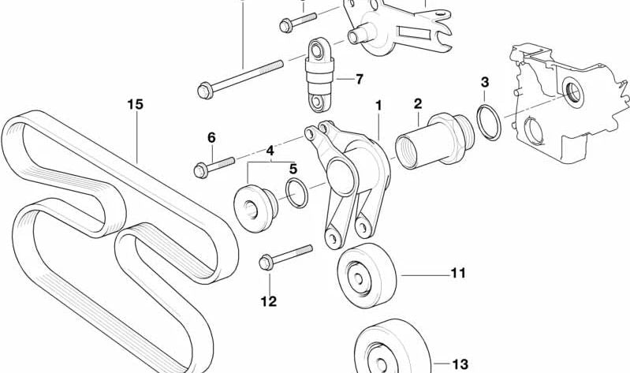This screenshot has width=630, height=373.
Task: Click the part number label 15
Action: tap(136, 103)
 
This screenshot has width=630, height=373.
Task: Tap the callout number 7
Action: tap(359, 79)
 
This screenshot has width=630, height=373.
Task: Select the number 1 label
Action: tap(378, 104)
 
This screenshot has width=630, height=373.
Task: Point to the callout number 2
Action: tap(417, 103)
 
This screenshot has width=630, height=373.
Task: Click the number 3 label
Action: tap(484, 82)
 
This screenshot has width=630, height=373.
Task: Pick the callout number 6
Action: tap(211, 137)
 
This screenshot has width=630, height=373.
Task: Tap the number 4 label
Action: tap(269, 150)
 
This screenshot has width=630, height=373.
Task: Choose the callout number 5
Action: tap(293, 168)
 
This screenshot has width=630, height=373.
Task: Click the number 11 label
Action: tap(458, 274)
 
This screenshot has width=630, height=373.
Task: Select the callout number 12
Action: tap(270, 300)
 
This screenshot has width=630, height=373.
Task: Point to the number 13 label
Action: tap(460, 364)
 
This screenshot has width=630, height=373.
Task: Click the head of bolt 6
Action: tap(201, 169)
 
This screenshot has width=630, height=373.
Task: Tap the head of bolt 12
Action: tap(264, 262)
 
